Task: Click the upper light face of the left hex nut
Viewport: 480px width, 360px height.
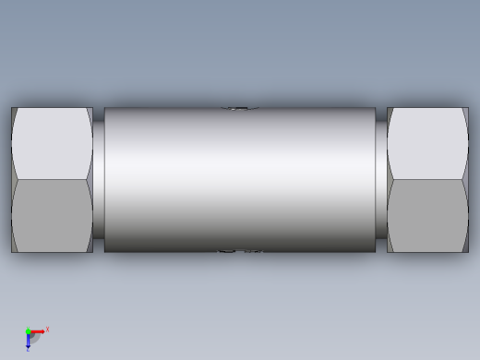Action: (52, 143)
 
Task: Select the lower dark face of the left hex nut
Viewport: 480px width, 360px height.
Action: (52, 215)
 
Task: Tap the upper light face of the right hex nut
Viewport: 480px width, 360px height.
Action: (427, 143)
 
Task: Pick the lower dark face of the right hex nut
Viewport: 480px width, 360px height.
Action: (427, 215)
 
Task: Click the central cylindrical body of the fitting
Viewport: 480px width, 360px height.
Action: (240, 180)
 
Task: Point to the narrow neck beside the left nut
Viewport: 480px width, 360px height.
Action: (98, 180)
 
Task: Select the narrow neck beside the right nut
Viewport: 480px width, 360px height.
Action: (381, 180)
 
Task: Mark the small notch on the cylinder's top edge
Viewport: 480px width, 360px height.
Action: (239, 109)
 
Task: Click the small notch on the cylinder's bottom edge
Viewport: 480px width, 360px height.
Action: (239, 250)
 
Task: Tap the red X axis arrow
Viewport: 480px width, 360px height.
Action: (38, 331)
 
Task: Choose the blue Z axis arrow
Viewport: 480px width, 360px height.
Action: (29, 341)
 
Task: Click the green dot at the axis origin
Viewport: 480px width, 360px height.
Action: (29, 331)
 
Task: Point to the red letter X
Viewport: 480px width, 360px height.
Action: (47, 329)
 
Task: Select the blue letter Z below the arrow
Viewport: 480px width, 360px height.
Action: (28, 350)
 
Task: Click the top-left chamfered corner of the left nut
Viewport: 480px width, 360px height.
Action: (14, 112)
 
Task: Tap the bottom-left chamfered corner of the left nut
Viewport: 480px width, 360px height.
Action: (14, 248)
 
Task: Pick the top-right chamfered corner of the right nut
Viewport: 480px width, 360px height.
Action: (465, 112)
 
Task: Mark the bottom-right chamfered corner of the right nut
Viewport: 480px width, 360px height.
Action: (465, 248)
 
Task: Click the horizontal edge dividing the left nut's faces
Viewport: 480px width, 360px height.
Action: (52, 179)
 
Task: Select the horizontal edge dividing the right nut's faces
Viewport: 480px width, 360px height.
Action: (427, 179)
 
